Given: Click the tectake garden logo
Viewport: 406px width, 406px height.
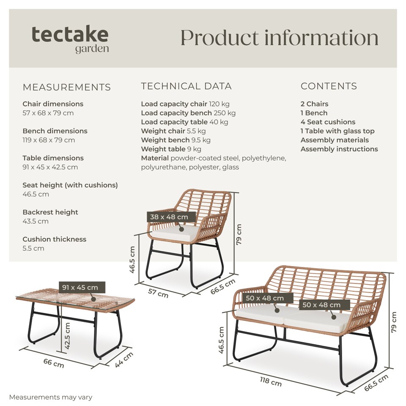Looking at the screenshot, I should [x=70, y=39].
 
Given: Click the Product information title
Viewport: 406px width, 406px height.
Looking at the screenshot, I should [x=279, y=38].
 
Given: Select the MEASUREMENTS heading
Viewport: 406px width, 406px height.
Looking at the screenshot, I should [x=67, y=88].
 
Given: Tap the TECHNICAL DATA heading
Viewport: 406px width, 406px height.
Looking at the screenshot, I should [x=186, y=86].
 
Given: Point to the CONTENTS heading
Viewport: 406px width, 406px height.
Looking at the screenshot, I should [x=329, y=86].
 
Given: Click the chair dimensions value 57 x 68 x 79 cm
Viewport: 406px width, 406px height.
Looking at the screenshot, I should [x=49, y=113].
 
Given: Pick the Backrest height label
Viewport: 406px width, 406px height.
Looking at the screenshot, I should [x=50, y=212].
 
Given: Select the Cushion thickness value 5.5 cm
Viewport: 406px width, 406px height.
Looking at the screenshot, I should [x=33, y=248].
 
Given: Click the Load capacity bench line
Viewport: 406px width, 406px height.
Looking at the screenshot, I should [x=188, y=113].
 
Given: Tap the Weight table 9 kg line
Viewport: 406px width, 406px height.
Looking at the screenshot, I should [x=171, y=149].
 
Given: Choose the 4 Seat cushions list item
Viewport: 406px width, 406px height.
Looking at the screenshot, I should [x=328, y=122].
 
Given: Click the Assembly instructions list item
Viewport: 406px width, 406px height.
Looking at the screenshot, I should [x=339, y=149].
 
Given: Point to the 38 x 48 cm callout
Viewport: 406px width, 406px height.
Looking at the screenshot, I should [x=169, y=217].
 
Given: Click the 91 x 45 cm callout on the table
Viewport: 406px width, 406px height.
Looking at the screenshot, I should [x=80, y=288].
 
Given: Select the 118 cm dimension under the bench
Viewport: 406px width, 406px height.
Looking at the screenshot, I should [x=270, y=382].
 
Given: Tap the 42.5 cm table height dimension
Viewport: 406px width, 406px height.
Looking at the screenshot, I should [x=67, y=336].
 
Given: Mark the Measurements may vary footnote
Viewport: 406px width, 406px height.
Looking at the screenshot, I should [x=50, y=397].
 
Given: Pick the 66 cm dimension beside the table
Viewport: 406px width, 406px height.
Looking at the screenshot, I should [x=54, y=362].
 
